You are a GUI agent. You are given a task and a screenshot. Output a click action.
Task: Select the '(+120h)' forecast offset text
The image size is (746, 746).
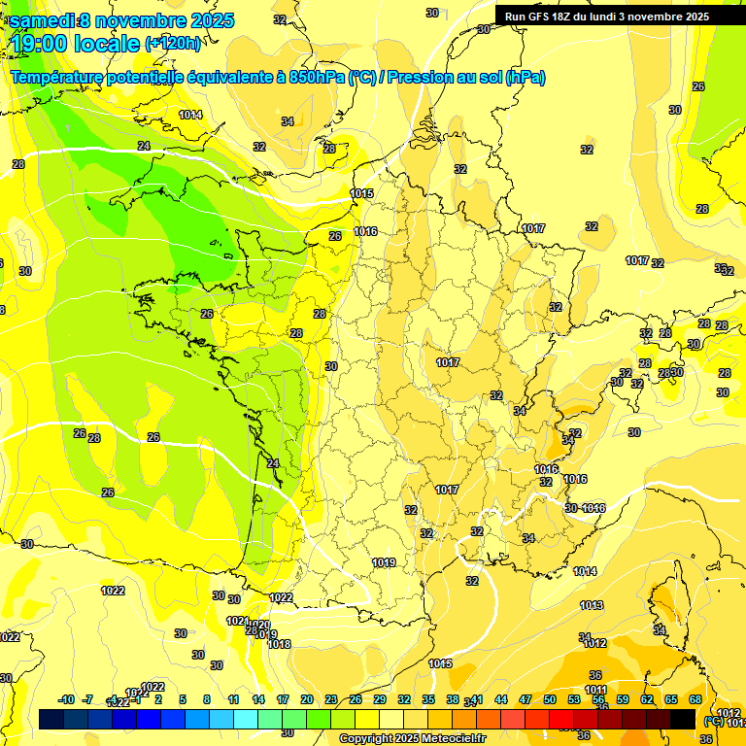tap(173, 44)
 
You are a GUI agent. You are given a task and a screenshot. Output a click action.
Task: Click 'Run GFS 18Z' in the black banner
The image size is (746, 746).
tap(545, 17)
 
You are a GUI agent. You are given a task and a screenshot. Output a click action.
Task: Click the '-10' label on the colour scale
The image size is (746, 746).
tap(66, 699)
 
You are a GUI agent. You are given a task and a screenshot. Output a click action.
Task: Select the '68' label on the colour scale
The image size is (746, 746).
tap(695, 699)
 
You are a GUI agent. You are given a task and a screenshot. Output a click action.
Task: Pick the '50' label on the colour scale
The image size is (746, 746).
tap(550, 699)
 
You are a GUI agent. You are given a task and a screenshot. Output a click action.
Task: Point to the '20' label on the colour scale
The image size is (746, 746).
tap(306, 699)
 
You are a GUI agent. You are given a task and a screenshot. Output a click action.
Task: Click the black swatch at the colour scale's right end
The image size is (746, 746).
tap(683, 719)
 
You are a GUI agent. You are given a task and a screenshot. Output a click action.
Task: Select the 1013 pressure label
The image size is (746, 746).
tap(592, 605)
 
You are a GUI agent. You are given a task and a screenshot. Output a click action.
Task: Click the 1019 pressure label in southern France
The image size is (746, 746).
tap(384, 562)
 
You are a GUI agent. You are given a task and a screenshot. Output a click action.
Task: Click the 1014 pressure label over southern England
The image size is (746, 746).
tap(190, 115)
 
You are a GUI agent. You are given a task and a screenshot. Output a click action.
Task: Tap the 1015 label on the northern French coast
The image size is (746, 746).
tap(361, 194)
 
